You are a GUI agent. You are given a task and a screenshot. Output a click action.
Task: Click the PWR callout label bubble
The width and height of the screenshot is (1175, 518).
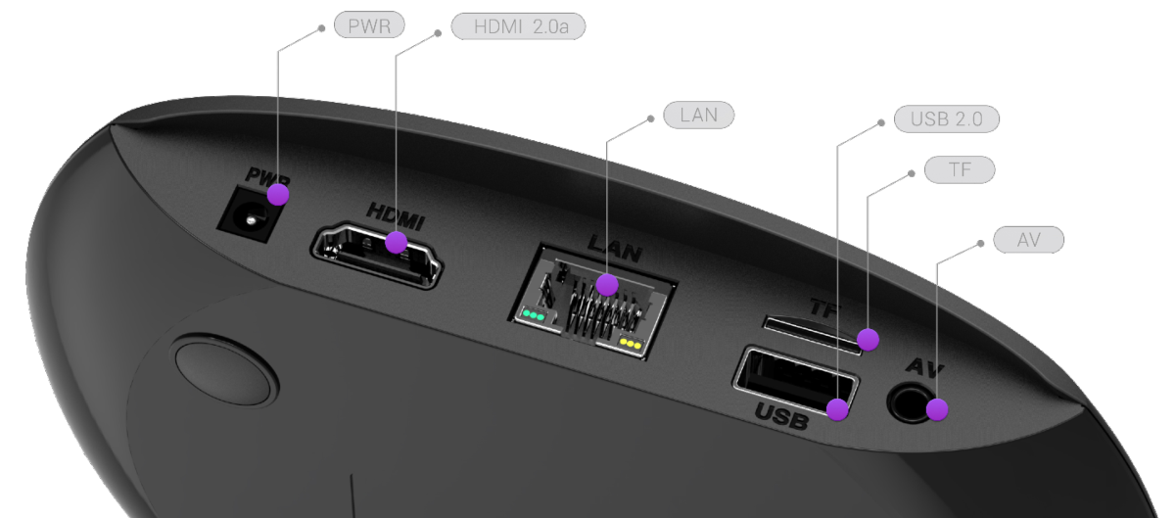click(369, 25)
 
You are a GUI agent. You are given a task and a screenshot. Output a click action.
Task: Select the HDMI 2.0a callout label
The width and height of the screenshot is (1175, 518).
click(518, 26)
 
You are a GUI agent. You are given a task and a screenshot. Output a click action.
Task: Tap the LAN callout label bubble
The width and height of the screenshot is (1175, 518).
click(699, 115)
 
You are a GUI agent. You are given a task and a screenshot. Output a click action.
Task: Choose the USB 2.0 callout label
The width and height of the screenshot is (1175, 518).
click(946, 119)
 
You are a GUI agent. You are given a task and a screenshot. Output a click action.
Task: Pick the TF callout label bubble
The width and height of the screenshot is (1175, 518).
click(960, 169)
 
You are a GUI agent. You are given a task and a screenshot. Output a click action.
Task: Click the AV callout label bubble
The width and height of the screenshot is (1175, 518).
click(1029, 240)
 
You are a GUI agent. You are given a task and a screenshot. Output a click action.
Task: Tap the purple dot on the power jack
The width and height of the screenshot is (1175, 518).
click(278, 195)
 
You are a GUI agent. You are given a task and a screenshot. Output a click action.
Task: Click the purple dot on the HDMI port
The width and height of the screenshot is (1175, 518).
click(396, 243)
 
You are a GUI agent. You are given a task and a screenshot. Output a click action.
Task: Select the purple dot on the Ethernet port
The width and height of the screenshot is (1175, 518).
click(607, 285)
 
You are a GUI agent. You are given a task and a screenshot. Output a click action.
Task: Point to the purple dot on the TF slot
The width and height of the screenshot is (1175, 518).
click(869, 340)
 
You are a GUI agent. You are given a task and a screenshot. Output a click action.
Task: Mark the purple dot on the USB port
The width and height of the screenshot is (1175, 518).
click(837, 410)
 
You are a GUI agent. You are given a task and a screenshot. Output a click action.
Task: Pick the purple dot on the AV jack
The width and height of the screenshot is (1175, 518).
click(937, 410)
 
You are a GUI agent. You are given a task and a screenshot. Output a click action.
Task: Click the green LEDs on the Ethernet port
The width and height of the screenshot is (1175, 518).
click(534, 316)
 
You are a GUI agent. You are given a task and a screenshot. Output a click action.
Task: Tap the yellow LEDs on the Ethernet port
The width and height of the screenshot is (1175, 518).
click(630, 344)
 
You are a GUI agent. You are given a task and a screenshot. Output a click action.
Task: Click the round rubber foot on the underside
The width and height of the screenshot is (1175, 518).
click(226, 370)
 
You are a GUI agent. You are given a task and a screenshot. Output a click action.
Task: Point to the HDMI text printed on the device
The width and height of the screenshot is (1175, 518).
click(395, 216)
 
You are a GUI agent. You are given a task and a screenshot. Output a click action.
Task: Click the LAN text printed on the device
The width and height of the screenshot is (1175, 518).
click(614, 249)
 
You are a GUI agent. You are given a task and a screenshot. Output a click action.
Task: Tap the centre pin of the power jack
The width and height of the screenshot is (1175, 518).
click(251, 220)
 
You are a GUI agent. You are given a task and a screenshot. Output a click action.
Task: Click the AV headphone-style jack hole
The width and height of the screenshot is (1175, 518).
click(911, 403)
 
